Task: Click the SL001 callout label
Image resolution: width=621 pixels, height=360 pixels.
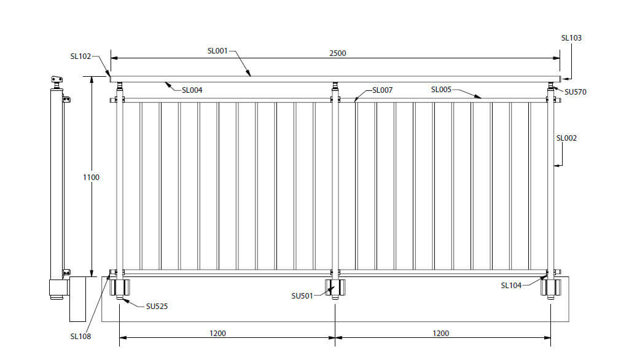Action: [x=217, y=51]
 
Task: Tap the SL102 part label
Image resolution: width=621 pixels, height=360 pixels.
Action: [x=80, y=57]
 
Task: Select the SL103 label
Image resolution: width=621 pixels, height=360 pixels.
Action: [x=571, y=38]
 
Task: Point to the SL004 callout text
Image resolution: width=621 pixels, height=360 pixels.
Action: [x=192, y=90]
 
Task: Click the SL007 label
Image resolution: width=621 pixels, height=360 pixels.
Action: [x=382, y=90]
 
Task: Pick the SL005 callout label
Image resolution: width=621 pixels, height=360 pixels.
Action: [x=441, y=90]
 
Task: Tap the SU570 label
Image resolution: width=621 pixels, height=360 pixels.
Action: [x=575, y=92]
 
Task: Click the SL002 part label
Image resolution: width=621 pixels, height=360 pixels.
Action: [x=566, y=138]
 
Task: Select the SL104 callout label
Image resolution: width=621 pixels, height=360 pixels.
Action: [x=511, y=286]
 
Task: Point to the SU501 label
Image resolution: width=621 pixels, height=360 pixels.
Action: [x=302, y=296]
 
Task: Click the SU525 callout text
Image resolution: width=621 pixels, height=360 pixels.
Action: [x=157, y=307]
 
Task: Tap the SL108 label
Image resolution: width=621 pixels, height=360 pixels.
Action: [x=80, y=337]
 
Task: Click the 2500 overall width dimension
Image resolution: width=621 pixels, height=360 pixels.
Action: [x=337, y=53]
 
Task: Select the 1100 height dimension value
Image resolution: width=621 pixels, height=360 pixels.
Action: [x=91, y=178]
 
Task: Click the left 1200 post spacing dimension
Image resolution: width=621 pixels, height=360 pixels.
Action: [x=217, y=334]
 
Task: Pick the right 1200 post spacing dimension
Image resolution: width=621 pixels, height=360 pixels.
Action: [x=440, y=334]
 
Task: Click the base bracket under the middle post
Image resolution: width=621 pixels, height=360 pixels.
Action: [x=335, y=288]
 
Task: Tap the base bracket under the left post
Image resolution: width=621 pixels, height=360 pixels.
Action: [x=120, y=288]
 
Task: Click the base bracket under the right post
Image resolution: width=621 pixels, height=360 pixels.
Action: [x=550, y=288]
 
